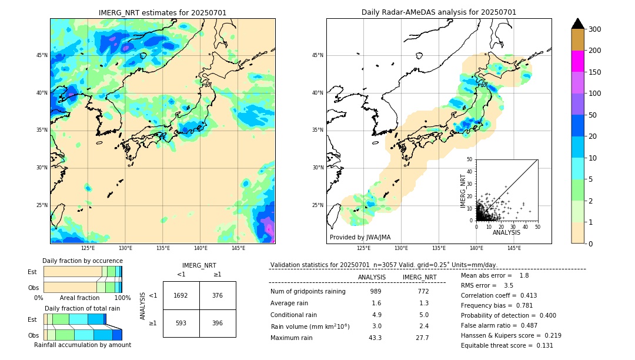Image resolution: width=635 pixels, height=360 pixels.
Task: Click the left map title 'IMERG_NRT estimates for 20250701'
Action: tap(162, 12)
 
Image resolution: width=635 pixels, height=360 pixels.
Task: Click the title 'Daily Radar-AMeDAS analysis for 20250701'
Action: tap(439, 12)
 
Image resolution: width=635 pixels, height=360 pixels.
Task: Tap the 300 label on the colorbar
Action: tap(594, 29)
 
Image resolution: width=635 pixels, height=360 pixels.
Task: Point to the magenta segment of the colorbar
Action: tap(578, 61)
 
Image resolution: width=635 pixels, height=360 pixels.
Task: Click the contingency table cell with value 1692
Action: tap(181, 295)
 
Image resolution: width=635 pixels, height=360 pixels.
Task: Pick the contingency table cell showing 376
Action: tap(218, 295)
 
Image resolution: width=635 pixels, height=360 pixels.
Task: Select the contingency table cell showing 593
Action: tap(181, 323)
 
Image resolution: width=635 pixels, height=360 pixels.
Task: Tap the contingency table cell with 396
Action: tap(218, 323)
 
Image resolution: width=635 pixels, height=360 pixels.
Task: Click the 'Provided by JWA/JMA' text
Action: tap(360, 238)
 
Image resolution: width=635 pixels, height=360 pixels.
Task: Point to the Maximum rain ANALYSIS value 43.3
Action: tap(375, 338)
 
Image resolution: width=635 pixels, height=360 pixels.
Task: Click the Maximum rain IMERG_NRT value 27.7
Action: tap(423, 338)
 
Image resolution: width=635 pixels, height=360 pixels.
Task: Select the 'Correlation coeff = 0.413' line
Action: tap(499, 295)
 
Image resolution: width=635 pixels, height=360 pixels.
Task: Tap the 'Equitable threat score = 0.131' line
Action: tap(507, 345)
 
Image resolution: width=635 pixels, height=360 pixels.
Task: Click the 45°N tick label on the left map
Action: tap(42, 55)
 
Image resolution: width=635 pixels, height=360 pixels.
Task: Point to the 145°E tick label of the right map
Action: tap(514, 248)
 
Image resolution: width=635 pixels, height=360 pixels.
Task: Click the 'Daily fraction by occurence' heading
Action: tap(82, 261)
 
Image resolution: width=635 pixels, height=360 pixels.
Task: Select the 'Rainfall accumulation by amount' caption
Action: tap(82, 345)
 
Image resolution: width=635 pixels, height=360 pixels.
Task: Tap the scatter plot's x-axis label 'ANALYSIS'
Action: tap(506, 232)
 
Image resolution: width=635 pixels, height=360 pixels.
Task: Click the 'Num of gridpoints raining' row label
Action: tap(308, 292)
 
